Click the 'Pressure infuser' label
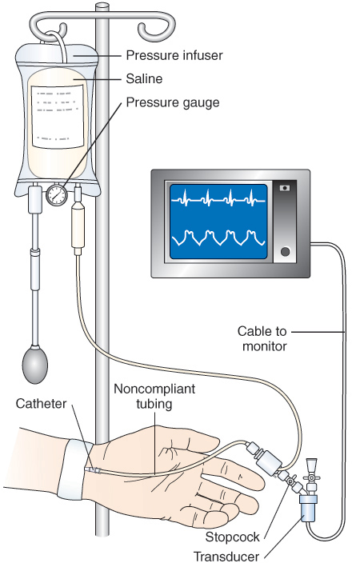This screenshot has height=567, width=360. (174, 55)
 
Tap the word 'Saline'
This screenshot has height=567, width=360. (144, 79)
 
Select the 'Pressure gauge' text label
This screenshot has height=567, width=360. (173, 102)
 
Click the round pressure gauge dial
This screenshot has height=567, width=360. (57, 195)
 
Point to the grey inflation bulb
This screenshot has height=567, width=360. (34, 365)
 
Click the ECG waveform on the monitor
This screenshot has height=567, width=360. (218, 198)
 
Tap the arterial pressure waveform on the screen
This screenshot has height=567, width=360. (218, 238)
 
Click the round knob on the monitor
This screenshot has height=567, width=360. (285, 251)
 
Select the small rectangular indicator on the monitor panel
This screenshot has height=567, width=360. (285, 188)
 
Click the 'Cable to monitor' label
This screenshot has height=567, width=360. (262, 338)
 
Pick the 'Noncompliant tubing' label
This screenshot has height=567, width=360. (154, 396)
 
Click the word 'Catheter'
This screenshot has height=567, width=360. (42, 404)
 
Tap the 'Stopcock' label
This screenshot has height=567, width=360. (232, 537)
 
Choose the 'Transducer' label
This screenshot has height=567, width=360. (226, 557)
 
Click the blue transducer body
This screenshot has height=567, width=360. (308, 509)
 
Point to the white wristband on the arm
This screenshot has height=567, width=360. (75, 470)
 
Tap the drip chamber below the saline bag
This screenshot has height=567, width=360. (78, 226)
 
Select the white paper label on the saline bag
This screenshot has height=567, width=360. (58, 116)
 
